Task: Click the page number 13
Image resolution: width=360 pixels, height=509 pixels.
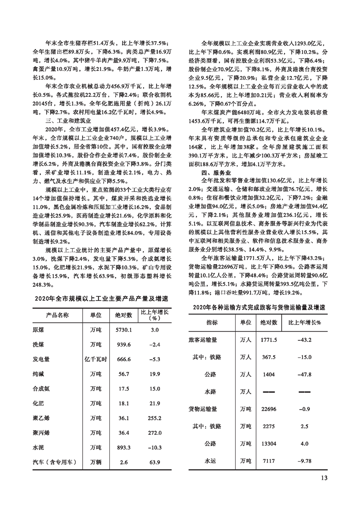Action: (x=324, y=477)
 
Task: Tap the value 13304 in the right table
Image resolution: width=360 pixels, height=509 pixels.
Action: (x=269, y=444)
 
